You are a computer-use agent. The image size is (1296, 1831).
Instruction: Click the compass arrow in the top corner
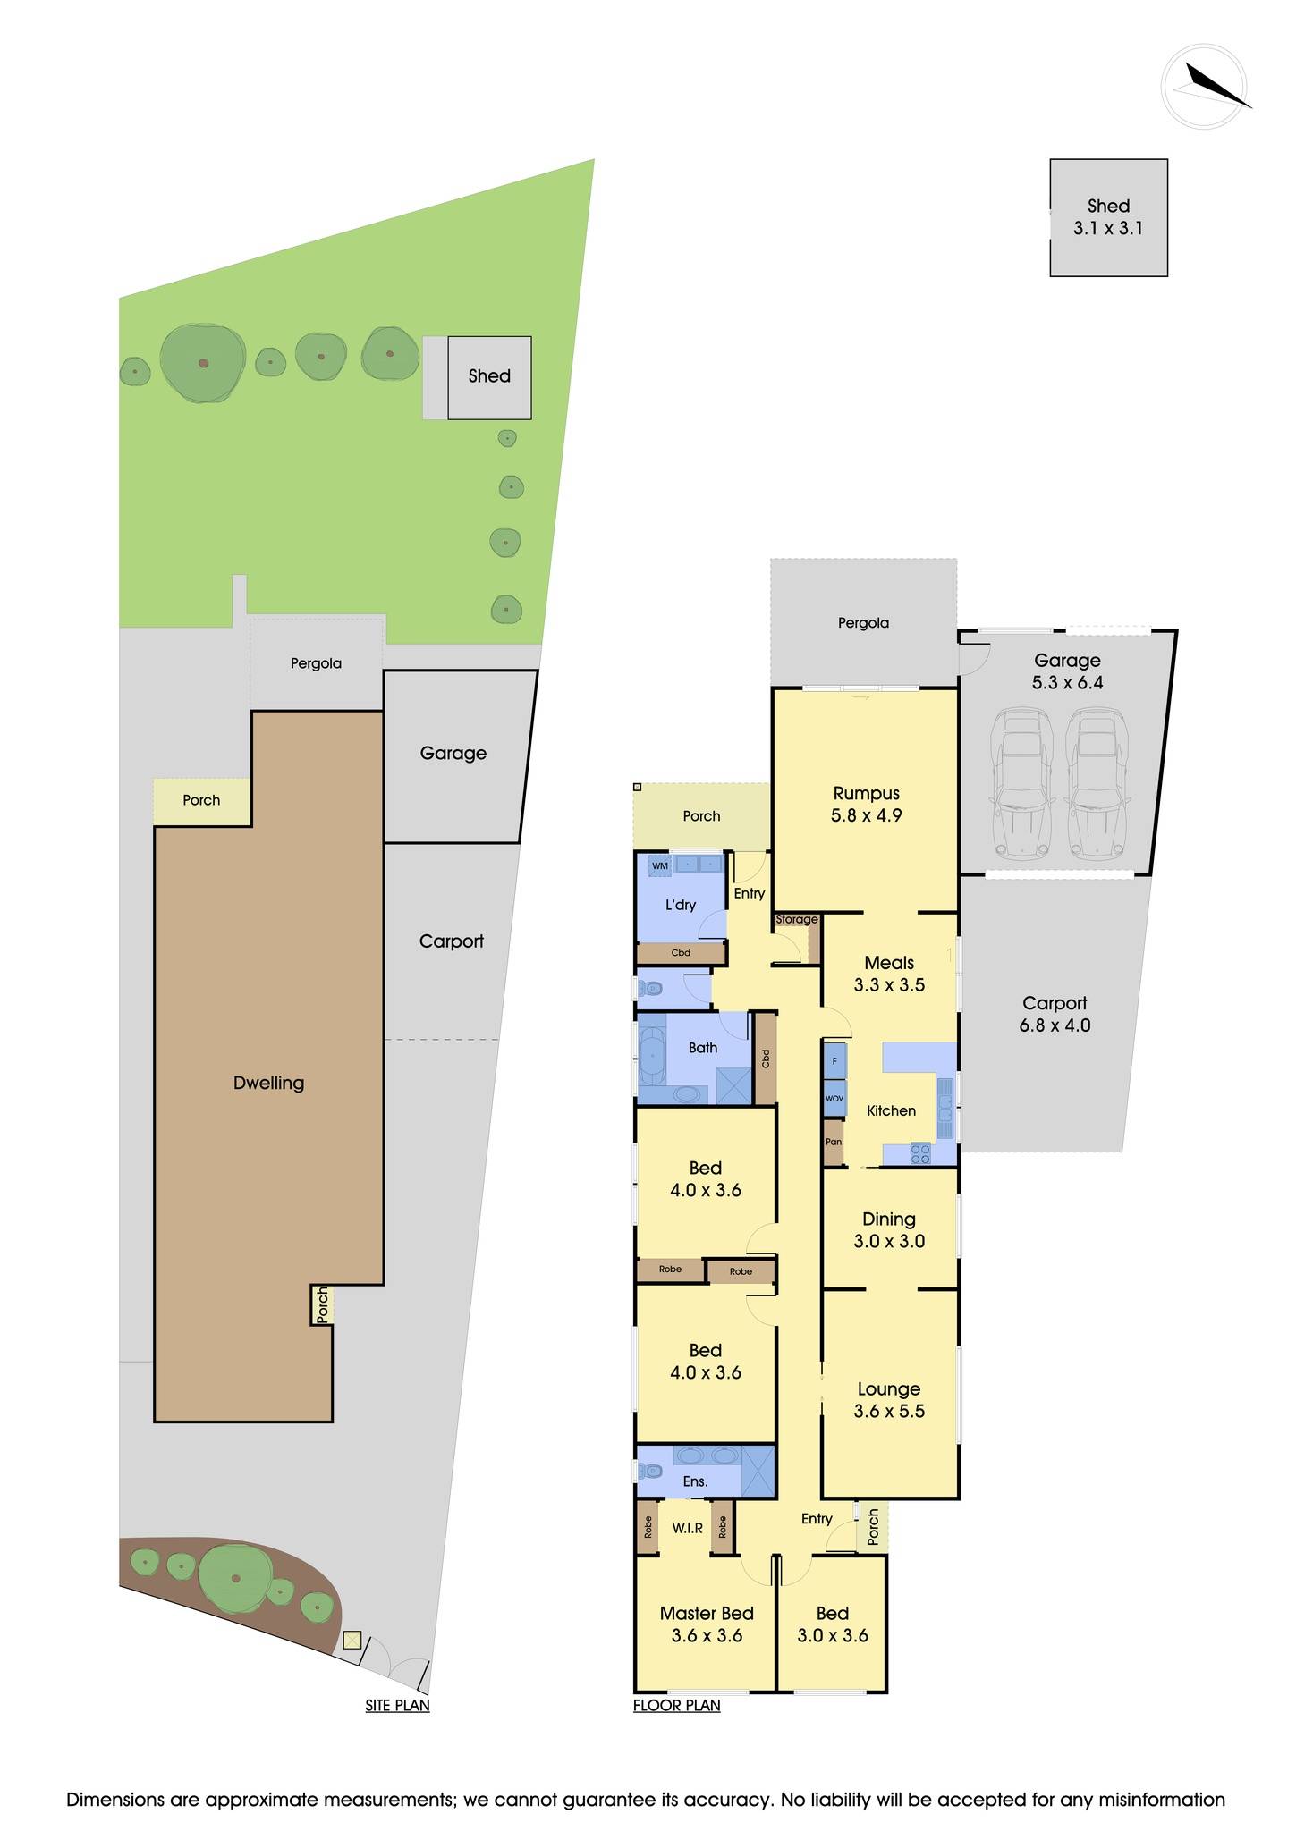point(1214,86)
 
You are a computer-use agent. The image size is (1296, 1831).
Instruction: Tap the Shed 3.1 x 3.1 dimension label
point(1108,217)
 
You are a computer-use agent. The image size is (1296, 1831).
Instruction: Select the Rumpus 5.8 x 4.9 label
point(866,804)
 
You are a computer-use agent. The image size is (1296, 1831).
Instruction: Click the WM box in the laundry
point(660,865)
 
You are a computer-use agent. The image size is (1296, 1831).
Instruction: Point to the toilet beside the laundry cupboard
point(650,990)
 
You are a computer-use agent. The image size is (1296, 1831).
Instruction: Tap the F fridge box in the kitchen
point(834,1061)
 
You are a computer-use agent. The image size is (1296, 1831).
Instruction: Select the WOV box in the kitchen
point(834,1098)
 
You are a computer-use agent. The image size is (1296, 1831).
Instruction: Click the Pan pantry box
point(833,1143)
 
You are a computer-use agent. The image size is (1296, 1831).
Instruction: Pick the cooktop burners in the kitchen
point(919,1154)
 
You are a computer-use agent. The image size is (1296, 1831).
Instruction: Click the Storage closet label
point(796,919)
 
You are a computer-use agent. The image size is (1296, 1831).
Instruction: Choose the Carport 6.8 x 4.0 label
point(1055,1014)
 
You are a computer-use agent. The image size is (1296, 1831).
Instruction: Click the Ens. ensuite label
point(695,1481)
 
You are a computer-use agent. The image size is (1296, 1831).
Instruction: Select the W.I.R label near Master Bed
point(687,1528)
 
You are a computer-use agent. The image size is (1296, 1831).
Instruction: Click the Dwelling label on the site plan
point(268,1083)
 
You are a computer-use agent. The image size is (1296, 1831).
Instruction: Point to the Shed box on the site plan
point(489,377)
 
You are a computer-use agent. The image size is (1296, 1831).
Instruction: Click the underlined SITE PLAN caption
point(397,1705)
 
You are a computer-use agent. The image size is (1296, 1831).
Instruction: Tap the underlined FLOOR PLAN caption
point(676,1705)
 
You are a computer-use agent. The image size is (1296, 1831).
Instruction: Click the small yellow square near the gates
point(352,1640)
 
